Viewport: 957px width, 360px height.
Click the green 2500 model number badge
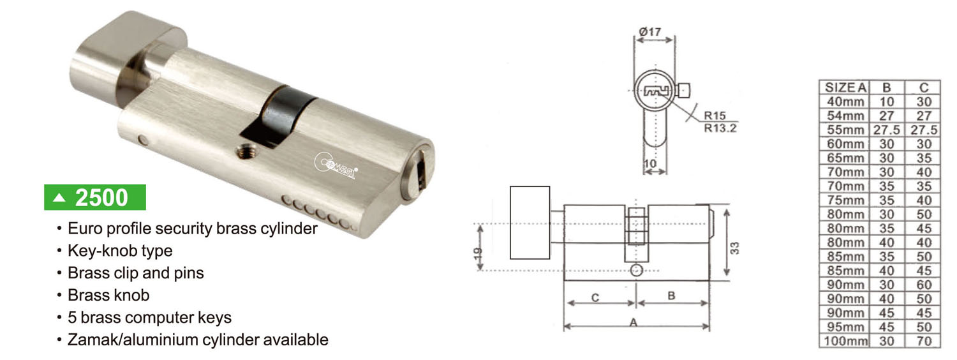click(x=95, y=197)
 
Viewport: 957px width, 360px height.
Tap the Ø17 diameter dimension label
click(x=650, y=32)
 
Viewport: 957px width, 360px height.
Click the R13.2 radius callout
click(x=720, y=128)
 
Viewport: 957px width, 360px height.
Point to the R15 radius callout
click(x=715, y=116)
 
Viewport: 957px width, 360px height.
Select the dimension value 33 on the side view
click(x=734, y=248)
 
